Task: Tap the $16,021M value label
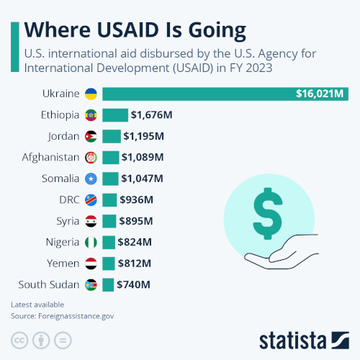click(321, 94)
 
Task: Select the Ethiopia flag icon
click(91, 115)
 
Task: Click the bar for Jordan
click(112, 136)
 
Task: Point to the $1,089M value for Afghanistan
click(143, 157)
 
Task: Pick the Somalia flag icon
click(91, 179)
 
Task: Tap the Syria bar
click(109, 221)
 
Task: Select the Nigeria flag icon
click(91, 242)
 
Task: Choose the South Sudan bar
click(108, 284)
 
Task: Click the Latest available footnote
click(37, 305)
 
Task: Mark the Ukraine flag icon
click(91, 94)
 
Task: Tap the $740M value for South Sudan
click(135, 284)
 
